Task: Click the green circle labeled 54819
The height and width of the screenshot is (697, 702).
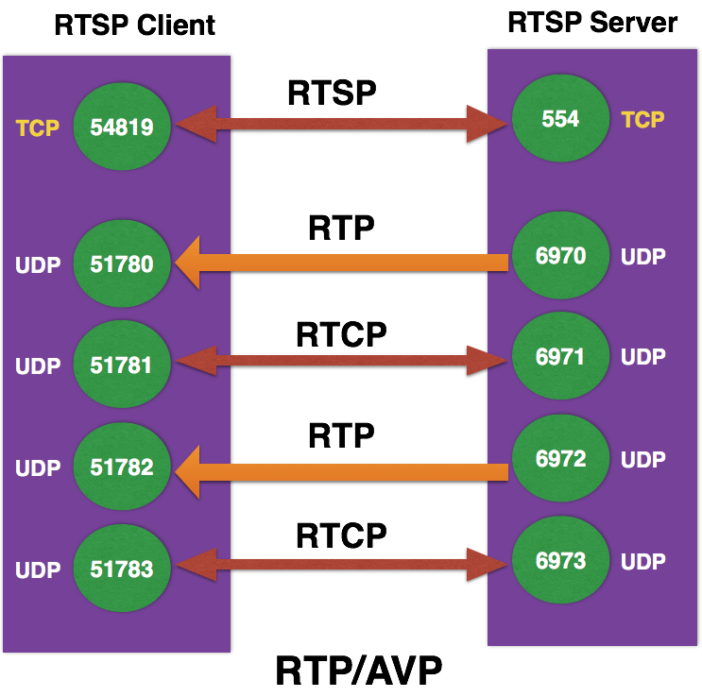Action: point(122,127)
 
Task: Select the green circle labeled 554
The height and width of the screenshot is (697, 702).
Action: point(560,119)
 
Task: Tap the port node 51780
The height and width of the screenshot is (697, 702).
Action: point(122,263)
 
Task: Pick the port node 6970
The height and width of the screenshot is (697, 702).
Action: point(560,256)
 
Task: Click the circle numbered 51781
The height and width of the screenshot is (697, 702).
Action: point(122,365)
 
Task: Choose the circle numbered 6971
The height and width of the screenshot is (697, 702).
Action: point(560,357)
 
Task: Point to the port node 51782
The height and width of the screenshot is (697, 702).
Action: point(122,467)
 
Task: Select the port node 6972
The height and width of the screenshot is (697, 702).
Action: point(560,459)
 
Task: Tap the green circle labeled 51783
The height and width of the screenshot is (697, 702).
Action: point(122,569)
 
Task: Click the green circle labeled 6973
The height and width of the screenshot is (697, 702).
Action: point(560,561)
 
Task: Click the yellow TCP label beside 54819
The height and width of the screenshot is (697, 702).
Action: point(38,127)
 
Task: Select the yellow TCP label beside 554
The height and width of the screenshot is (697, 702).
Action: point(642,119)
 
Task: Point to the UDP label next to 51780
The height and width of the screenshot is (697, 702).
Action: point(38,264)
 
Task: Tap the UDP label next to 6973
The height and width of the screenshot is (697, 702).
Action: point(642,562)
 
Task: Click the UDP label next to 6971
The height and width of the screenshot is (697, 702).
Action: point(642,357)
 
